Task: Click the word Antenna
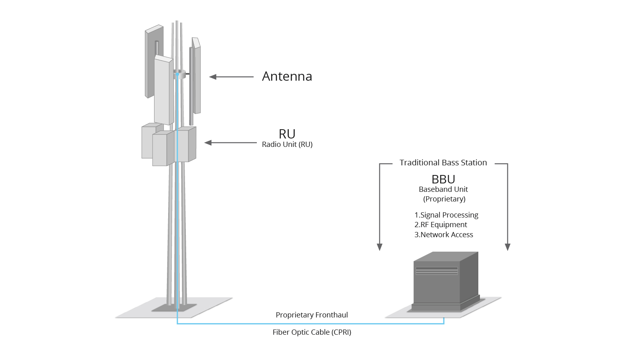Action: point(287,76)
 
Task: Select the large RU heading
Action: point(287,134)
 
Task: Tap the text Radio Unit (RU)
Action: point(287,144)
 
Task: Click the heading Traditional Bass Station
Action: point(443,163)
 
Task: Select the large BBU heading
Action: point(443,179)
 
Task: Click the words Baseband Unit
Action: point(443,189)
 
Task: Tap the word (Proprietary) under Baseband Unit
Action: point(444,199)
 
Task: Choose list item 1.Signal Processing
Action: point(446,215)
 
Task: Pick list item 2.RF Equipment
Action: point(441,225)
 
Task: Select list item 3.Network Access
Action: point(443,235)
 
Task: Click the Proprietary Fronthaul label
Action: point(312,315)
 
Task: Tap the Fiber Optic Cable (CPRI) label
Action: point(312,332)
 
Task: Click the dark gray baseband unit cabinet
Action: point(441,287)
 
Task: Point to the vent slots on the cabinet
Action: point(437,271)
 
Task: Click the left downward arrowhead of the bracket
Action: point(380,247)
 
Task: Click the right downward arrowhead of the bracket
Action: point(508,247)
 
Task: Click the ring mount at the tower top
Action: point(180,74)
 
